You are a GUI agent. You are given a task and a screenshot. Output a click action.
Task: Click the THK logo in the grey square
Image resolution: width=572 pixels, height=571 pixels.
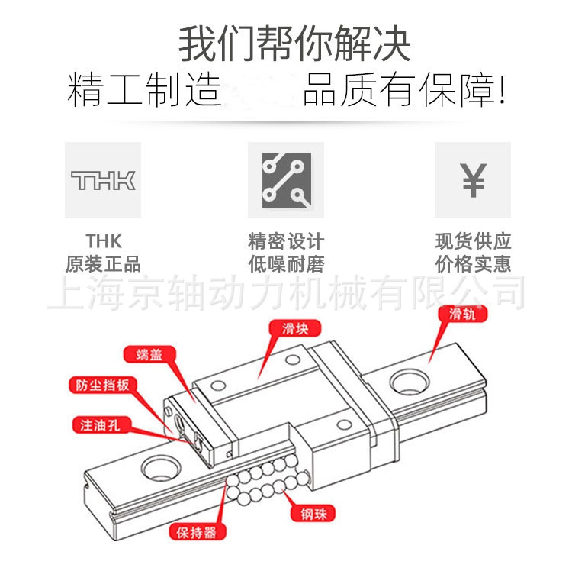pyautogui.click(x=103, y=180)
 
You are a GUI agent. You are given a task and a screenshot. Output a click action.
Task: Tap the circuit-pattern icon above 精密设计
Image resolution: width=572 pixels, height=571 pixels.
pyautogui.click(x=286, y=180)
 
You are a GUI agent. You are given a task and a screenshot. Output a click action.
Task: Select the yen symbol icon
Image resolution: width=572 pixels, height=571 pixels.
pyautogui.click(x=473, y=180)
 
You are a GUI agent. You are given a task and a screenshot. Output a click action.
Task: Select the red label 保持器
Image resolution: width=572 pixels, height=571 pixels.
pyautogui.click(x=197, y=531)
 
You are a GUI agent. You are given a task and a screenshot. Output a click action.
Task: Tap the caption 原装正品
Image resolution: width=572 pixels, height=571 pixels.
pyautogui.click(x=103, y=265)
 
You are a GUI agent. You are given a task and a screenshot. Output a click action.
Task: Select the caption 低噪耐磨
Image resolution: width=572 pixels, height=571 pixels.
pyautogui.click(x=286, y=265)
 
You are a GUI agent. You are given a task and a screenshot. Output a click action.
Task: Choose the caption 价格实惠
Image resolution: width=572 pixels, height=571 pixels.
pyautogui.click(x=473, y=265)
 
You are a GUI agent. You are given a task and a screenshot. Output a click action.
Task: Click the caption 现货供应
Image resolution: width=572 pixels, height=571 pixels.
pyautogui.click(x=473, y=242)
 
